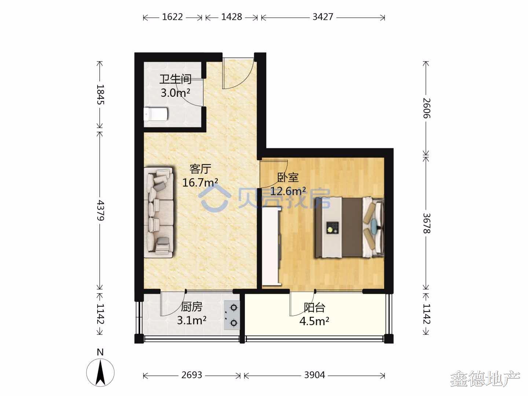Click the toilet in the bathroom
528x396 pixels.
155,114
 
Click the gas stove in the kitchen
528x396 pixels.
232,315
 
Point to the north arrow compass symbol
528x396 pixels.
100,373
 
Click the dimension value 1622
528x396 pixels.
172,17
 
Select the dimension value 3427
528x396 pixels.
323,17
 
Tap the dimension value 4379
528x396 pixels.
100,210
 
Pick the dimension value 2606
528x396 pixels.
426,108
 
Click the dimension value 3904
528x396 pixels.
315,375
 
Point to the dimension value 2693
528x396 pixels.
192,375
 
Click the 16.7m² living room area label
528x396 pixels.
200,183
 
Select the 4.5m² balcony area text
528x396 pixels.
314,321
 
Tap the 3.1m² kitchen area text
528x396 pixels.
192,320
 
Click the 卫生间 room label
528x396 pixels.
175,79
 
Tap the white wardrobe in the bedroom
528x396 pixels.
272,247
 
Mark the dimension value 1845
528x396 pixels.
100,94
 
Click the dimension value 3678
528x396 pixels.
426,223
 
